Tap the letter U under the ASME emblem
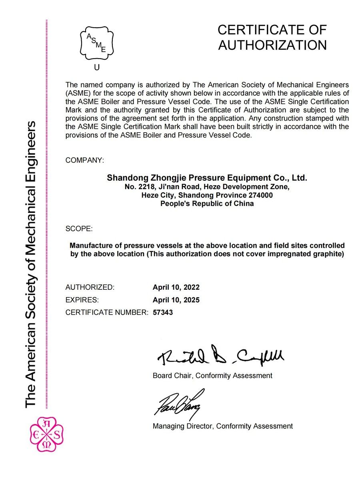point(97,67)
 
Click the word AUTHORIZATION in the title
point(272,45)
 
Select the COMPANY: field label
point(84,160)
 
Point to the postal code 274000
point(259,195)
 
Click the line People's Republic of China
point(207,204)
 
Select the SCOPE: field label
point(79,229)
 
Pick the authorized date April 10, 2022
point(176,287)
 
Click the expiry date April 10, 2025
point(176,300)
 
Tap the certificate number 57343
point(163,312)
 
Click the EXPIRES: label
point(82,300)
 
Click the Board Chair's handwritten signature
point(220,356)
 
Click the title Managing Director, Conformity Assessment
point(222,426)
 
